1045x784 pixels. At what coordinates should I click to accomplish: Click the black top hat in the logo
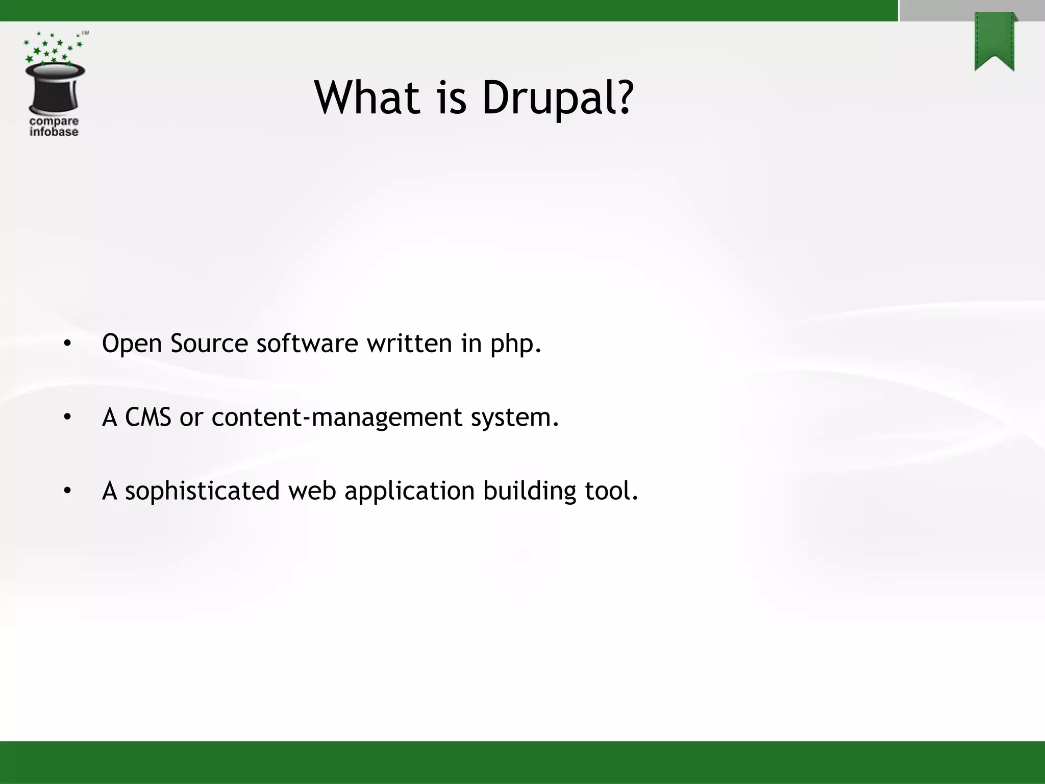tap(55, 88)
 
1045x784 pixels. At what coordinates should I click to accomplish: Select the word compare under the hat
tap(54, 121)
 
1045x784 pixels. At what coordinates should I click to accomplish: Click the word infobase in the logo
tap(54, 132)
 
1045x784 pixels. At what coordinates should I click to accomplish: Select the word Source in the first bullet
tap(209, 343)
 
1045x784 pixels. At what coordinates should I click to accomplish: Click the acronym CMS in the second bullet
tap(148, 417)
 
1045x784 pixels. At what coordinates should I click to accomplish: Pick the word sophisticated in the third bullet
tap(202, 492)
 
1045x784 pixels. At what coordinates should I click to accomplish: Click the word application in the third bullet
tap(409, 492)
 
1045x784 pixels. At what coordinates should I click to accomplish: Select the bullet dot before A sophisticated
tap(67, 492)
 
